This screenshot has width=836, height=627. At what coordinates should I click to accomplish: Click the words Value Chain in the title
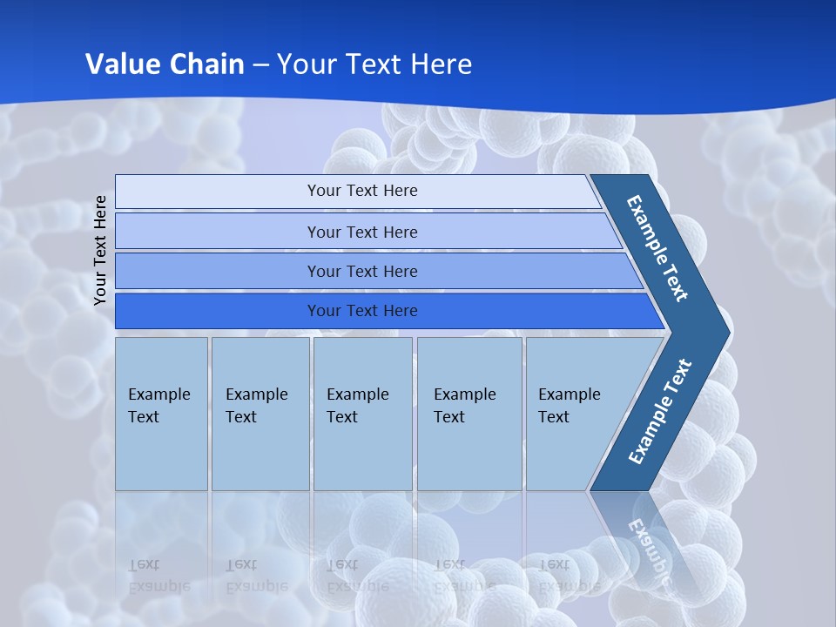point(165,64)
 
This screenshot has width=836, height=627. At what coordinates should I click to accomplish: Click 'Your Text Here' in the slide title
point(374,64)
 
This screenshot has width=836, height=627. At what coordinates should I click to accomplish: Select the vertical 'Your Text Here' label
point(101,250)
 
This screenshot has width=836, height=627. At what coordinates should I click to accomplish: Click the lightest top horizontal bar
point(361,191)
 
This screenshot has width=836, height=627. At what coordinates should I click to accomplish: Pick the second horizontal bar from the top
point(361,232)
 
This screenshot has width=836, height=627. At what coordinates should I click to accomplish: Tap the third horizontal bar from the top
point(361,271)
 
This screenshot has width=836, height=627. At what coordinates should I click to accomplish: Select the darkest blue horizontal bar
point(361,311)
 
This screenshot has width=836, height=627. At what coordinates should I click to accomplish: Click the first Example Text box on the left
point(161,414)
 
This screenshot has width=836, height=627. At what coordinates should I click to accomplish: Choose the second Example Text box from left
point(260,414)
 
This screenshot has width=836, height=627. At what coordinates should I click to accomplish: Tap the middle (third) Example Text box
point(362,414)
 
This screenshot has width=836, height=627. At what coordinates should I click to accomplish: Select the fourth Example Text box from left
point(469,414)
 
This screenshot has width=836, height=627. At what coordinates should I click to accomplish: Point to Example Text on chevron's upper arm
point(657,248)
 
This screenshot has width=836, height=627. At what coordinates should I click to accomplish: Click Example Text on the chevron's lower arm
point(659,412)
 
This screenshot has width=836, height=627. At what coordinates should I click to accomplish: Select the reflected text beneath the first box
point(158,575)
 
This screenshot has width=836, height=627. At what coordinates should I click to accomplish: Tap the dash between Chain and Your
point(261,65)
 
